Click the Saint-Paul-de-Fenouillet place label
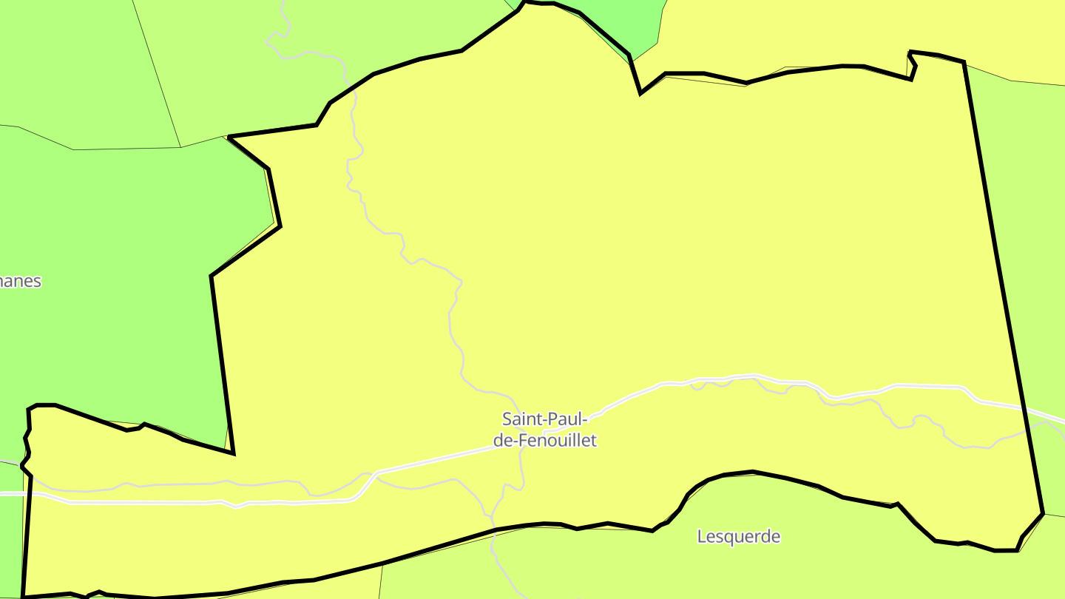click(549, 430)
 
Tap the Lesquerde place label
click(738, 536)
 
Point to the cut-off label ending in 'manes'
click(20, 282)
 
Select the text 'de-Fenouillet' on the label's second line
click(549, 441)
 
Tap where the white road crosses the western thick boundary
click(27, 493)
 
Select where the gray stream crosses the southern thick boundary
click(493, 529)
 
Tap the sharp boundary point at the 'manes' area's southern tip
click(233, 453)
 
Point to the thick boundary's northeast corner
click(963, 62)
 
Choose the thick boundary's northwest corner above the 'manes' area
click(230, 137)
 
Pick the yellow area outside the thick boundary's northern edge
click(814, 30)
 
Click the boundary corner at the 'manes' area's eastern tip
click(280, 226)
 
